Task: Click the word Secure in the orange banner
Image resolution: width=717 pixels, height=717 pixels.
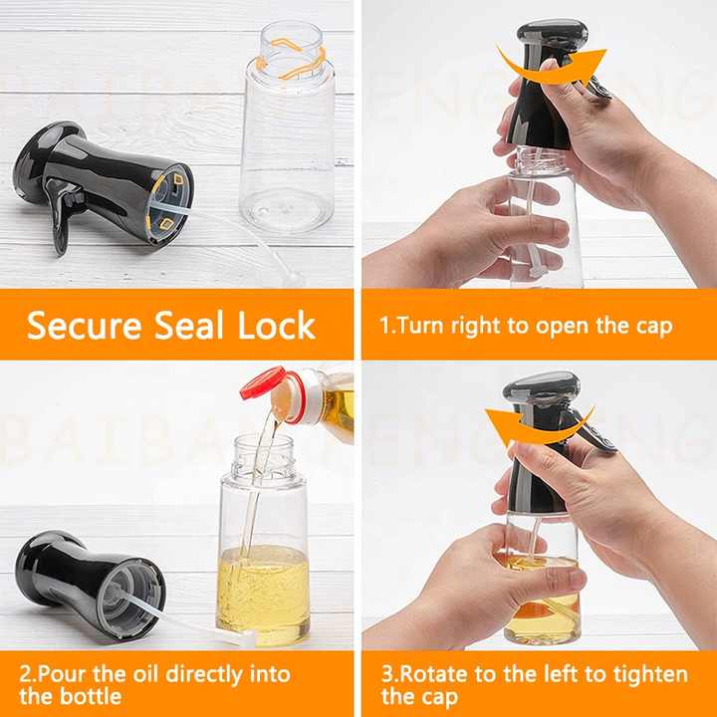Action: tap(84, 326)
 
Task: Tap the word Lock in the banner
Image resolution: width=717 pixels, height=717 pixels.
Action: tap(277, 325)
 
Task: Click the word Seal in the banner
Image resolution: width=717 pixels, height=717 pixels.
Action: tap(189, 325)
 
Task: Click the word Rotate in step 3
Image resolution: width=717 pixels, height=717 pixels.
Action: tap(434, 674)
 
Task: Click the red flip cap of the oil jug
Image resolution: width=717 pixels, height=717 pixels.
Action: tap(263, 381)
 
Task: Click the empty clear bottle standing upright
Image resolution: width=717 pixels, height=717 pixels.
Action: tap(288, 128)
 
